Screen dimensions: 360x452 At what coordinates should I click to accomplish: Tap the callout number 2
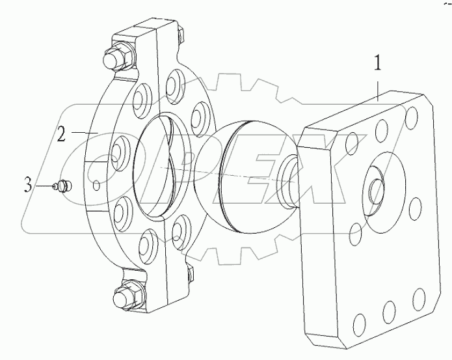click(61, 135)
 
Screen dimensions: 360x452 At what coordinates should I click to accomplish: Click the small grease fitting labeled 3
click(62, 186)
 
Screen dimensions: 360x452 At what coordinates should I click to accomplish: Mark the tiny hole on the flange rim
click(96, 186)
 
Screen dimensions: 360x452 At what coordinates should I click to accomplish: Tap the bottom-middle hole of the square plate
click(389, 309)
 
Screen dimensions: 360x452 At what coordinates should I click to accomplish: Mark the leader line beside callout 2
click(81, 133)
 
